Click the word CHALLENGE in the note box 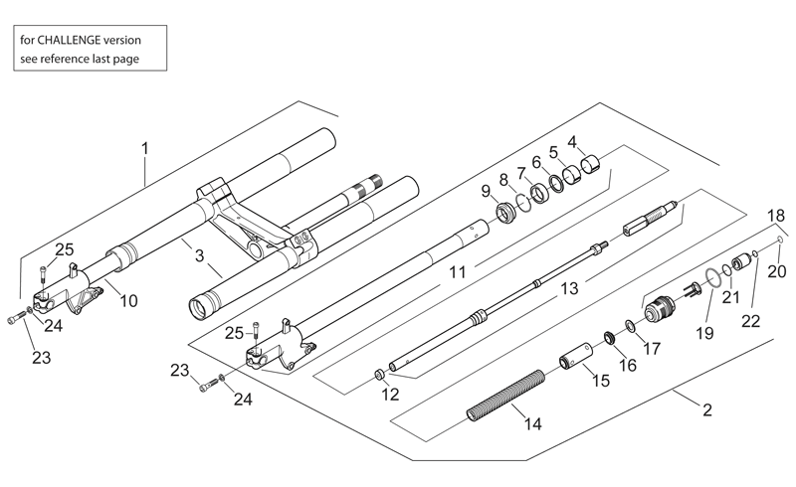tap(69, 40)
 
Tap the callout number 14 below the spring tap(532, 423)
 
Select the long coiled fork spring tap(505, 397)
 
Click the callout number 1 tap(145, 149)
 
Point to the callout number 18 tap(776, 216)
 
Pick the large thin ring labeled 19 tap(713, 278)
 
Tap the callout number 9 tap(486, 191)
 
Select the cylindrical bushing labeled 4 tap(590, 164)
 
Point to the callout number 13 tap(569, 288)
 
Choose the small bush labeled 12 tap(379, 376)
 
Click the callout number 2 tap(707, 409)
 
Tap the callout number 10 tap(129, 301)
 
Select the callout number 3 tap(200, 255)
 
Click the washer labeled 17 tap(630, 326)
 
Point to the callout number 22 tap(751, 321)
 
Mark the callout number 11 tap(458, 272)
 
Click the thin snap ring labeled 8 tap(523, 202)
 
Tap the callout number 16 tap(628, 365)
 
